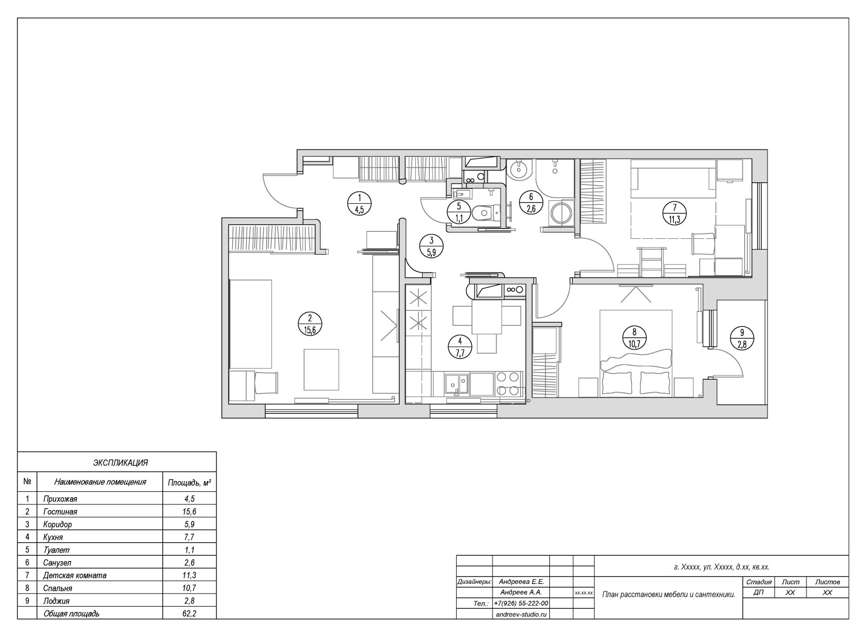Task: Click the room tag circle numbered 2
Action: [x=310, y=323]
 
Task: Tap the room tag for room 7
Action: [x=674, y=213]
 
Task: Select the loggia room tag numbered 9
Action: [x=742, y=338]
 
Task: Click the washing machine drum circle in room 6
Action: [x=561, y=213]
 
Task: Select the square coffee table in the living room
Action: [x=322, y=370]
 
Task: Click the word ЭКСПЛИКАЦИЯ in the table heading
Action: [x=120, y=463]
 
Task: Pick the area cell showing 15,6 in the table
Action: [x=189, y=512]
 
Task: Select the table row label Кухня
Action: [x=53, y=537]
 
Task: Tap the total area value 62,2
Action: [x=189, y=614]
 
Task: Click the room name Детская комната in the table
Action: [x=75, y=575]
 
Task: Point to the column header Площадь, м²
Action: [x=189, y=483]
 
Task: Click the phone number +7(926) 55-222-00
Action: [x=521, y=603]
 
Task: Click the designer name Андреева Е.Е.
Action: [x=521, y=582]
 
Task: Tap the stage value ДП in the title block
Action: [x=758, y=593]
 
